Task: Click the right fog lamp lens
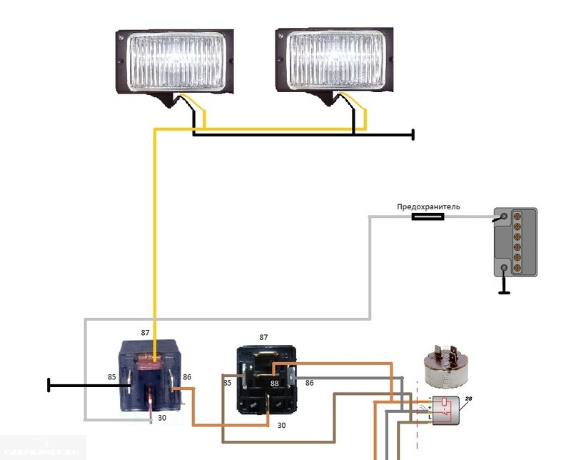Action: click(x=336, y=62)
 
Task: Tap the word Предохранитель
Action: click(x=428, y=207)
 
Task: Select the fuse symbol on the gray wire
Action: click(x=428, y=216)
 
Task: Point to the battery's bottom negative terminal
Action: click(x=505, y=269)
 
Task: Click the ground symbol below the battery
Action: click(x=505, y=291)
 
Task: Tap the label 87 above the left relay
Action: click(x=145, y=332)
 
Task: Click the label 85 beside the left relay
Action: click(x=111, y=376)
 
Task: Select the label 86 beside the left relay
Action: click(x=188, y=376)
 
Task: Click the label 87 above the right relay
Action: click(x=263, y=336)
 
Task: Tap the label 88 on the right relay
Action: click(x=273, y=384)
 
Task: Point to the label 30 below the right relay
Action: click(x=281, y=425)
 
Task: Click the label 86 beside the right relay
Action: click(x=309, y=383)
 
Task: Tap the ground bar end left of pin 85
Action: click(x=49, y=385)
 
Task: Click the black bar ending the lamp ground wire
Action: click(x=413, y=134)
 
